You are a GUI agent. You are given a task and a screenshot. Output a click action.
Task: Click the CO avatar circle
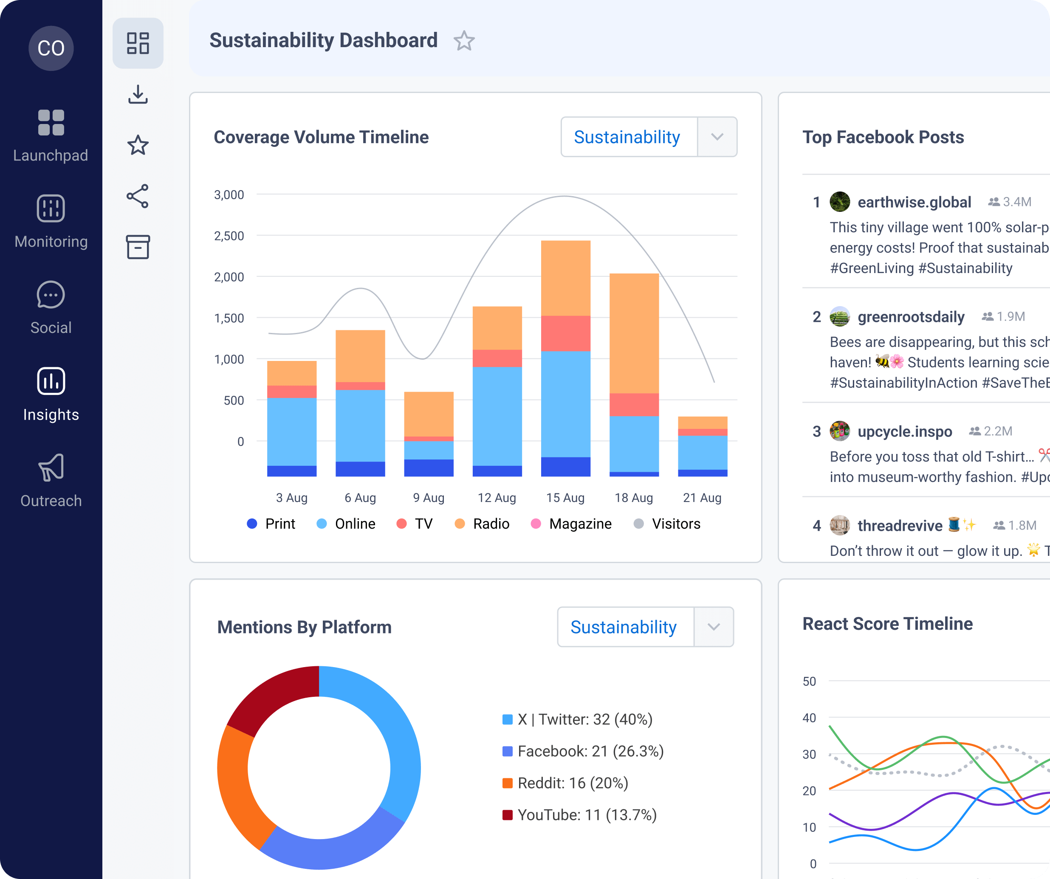click(x=51, y=48)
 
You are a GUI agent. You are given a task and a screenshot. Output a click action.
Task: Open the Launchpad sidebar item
click(x=51, y=135)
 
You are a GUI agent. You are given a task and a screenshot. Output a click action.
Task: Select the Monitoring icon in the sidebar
click(x=51, y=208)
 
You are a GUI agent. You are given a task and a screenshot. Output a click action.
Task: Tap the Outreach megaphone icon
click(x=51, y=468)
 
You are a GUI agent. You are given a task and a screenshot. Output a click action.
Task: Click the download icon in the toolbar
click(x=138, y=95)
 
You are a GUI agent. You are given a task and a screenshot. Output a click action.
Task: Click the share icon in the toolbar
click(x=138, y=196)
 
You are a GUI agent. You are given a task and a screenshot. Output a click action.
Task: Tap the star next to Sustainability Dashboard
click(x=464, y=41)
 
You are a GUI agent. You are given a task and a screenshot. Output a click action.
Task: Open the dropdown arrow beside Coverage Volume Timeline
click(x=717, y=137)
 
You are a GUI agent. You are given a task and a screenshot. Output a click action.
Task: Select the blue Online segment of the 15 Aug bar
click(x=565, y=403)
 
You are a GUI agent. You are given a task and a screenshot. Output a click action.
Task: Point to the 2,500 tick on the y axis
click(x=229, y=236)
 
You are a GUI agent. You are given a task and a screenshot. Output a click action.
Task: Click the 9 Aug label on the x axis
click(x=429, y=498)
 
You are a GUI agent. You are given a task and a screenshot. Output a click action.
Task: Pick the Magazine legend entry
click(x=571, y=524)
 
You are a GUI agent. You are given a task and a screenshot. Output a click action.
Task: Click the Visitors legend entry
click(x=667, y=524)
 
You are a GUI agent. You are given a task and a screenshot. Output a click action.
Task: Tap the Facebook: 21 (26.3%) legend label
click(x=590, y=751)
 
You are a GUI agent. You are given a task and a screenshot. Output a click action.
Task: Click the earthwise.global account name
click(x=914, y=202)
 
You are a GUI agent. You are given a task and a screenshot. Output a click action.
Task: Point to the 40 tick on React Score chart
click(x=809, y=718)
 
